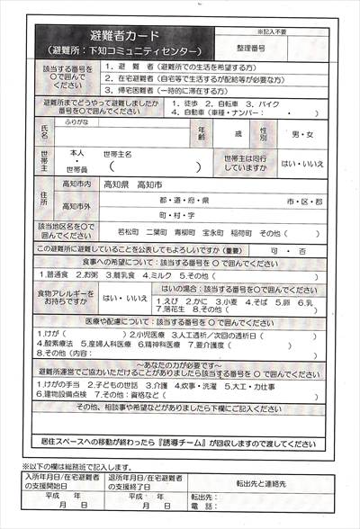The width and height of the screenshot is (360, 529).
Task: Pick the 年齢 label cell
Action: (202, 134)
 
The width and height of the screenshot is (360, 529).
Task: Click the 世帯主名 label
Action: (118, 154)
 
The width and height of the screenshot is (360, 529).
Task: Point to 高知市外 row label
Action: (77, 202)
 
